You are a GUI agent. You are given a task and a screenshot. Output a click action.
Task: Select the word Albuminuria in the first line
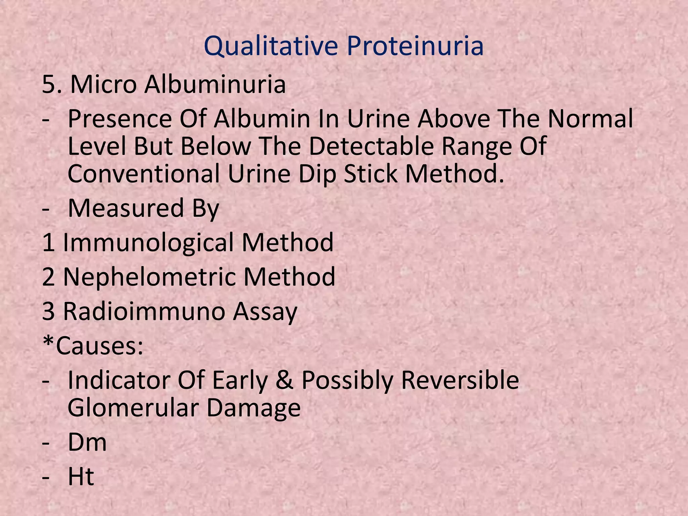click(x=215, y=84)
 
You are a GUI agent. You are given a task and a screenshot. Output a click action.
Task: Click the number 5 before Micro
click(x=49, y=84)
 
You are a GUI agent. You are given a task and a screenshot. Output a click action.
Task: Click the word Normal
click(x=590, y=119)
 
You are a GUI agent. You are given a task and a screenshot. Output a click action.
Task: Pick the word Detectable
click(x=371, y=146)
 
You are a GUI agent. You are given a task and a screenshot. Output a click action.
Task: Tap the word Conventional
click(x=144, y=174)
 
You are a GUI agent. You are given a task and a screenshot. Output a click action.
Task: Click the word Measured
click(x=126, y=208)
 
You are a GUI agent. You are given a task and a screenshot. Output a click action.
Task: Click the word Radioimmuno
click(x=144, y=311)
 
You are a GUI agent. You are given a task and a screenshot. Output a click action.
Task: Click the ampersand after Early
click(x=285, y=380)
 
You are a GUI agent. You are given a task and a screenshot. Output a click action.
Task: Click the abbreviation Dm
click(x=87, y=442)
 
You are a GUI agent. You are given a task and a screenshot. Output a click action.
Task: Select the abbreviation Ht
click(x=81, y=476)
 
